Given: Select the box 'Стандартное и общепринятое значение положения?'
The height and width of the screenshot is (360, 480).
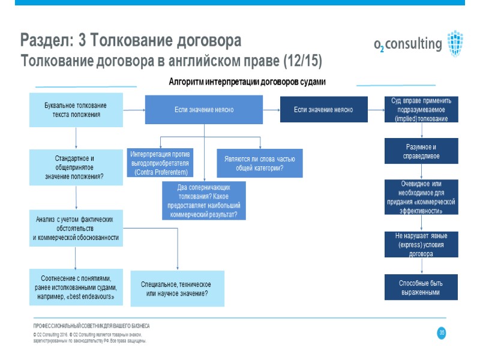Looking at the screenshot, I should [76, 167].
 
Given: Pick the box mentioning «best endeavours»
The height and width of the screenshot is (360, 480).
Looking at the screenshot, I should [76, 287].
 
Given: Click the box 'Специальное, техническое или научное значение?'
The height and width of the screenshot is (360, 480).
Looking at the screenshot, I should [178, 289].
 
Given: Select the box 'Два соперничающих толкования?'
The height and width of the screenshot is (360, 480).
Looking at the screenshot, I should [204, 200].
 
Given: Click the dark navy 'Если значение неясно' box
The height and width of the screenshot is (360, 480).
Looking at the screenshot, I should [323, 110].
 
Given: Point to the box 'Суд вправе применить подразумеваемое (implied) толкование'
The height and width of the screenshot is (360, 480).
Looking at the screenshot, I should [421, 110].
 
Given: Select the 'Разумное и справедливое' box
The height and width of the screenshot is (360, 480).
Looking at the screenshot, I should [421, 151].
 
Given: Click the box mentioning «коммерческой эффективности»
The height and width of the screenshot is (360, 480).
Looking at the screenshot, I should [421, 197].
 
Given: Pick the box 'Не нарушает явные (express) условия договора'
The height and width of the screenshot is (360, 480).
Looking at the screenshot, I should [421, 245].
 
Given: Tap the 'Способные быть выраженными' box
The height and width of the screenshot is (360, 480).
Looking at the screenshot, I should [421, 287].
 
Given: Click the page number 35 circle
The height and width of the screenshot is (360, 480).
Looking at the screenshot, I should [442, 333].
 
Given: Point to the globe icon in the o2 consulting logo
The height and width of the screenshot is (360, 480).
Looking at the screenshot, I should [455, 42].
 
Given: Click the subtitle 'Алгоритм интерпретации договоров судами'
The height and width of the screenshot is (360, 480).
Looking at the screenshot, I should [247, 82].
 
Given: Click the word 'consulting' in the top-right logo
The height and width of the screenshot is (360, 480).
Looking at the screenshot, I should [413, 44].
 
